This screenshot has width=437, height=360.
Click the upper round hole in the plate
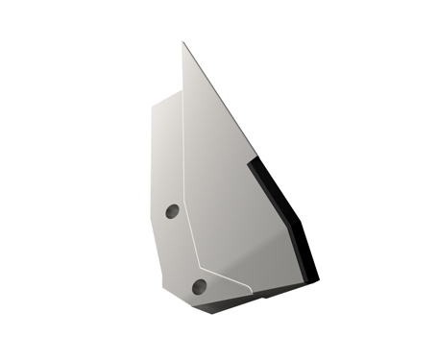tap(172, 210)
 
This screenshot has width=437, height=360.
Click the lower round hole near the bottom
tap(199, 286)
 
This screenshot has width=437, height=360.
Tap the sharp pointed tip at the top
tap(183, 43)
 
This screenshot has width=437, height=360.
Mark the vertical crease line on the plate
tap(182, 173)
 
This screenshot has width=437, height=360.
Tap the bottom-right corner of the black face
tap(317, 280)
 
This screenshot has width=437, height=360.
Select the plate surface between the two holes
tap(182, 248)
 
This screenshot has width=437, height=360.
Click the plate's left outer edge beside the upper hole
tap(153, 210)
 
